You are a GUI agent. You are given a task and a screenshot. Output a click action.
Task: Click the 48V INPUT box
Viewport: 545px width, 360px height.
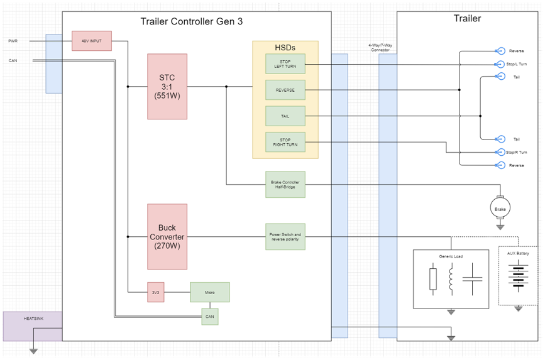[x=91, y=41]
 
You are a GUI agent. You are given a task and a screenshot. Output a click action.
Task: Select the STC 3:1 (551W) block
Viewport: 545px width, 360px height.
[x=167, y=87]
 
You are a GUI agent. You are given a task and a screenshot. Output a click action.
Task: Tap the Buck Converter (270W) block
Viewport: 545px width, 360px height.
[x=167, y=236]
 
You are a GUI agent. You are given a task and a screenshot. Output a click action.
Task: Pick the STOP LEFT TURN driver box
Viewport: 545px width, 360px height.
[x=285, y=63]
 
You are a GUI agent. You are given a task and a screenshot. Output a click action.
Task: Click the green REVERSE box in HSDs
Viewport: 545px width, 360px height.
[x=285, y=90]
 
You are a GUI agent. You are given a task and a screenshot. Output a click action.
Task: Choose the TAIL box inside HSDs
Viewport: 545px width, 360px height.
[x=285, y=116]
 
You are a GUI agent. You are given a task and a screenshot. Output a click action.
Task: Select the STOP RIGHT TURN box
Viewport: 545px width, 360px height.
[x=285, y=143]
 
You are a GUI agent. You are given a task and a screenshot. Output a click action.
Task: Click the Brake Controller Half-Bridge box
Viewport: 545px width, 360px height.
[x=285, y=184]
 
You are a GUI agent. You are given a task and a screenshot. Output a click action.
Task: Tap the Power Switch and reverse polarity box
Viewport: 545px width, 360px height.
[x=285, y=236]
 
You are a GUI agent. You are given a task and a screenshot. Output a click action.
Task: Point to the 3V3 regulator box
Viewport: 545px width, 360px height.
[x=156, y=292]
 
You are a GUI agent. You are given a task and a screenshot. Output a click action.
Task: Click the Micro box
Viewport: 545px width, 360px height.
[x=210, y=292]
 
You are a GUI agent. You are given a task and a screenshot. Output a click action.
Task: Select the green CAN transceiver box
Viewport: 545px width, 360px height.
[x=210, y=316]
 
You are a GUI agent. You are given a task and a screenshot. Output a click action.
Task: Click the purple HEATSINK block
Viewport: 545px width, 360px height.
[x=33, y=326]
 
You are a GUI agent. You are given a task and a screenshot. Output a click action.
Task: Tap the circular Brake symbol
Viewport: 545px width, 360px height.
[x=500, y=207]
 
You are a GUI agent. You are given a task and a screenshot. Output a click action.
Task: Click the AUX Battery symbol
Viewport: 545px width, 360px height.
[x=518, y=276]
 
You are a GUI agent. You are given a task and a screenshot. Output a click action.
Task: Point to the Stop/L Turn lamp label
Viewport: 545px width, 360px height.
[x=517, y=64]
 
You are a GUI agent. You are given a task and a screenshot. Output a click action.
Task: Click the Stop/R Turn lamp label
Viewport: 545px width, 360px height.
[x=517, y=152]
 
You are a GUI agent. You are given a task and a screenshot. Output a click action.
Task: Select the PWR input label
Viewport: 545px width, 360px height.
[x=13, y=41]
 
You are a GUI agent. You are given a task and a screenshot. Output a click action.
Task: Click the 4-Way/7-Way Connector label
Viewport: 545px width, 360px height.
[x=379, y=48]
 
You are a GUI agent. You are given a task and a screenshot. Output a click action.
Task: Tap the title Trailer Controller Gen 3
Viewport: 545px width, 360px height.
[x=192, y=21]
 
